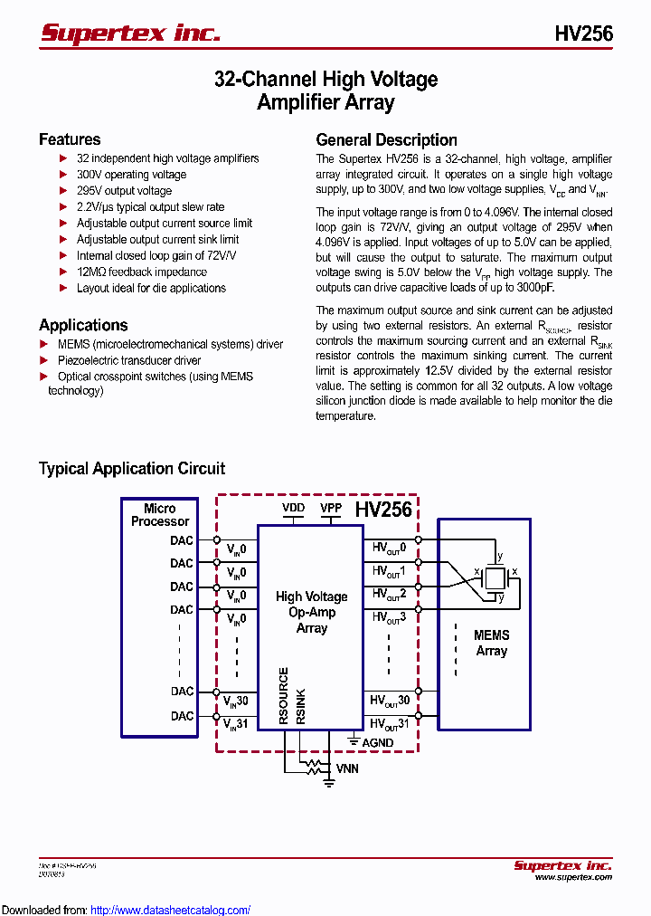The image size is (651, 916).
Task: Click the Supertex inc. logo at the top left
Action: coord(130,33)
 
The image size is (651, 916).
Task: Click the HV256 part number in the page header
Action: coord(583,34)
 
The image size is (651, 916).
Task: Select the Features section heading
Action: coord(70,139)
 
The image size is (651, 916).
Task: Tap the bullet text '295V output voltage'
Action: coord(124,191)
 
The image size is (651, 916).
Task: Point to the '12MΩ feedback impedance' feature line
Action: coord(141,272)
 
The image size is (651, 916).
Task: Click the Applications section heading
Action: coord(83,325)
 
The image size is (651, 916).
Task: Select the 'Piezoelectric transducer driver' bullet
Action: coord(128,360)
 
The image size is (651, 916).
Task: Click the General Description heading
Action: coord(386,140)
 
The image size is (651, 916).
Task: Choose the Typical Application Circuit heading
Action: coord(132,469)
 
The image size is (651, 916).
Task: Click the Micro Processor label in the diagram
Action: coord(160,515)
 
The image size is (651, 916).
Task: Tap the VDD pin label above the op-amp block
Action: coord(293,508)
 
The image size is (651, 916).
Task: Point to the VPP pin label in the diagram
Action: coord(331,508)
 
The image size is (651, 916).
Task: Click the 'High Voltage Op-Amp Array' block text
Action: coord(311,612)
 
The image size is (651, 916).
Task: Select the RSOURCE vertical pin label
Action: coord(283,695)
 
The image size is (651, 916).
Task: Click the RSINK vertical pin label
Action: coord(301,706)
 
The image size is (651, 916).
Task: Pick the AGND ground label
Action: coord(377,742)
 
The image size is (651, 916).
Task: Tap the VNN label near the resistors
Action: coord(347,768)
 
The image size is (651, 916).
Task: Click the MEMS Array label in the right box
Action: coord(491,643)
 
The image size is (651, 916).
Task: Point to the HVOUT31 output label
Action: coord(390,724)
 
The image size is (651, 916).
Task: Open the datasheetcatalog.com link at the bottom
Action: coord(171,910)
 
